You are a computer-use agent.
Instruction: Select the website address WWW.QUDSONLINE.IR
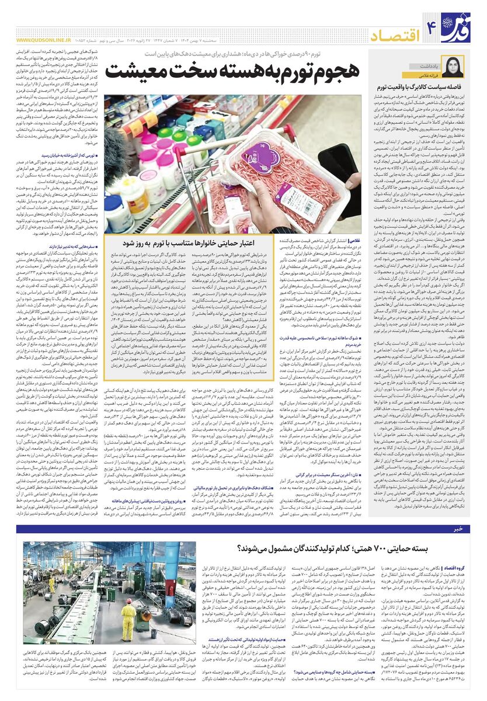[43, 40]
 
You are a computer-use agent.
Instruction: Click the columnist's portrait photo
[454, 67]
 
